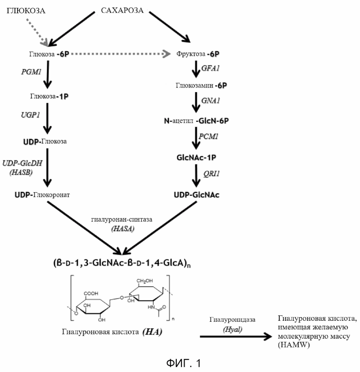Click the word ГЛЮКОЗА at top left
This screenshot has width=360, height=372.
[26, 11]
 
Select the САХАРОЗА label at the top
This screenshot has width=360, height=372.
[122, 10]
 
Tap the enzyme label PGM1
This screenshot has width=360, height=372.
[31, 71]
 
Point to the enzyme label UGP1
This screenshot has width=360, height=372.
[30, 115]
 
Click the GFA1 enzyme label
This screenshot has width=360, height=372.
[210, 68]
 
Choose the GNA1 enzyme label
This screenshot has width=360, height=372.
[210, 100]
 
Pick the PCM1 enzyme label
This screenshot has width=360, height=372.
[209, 136]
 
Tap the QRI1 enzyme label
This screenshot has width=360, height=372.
[211, 174]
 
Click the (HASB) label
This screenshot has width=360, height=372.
[21, 172]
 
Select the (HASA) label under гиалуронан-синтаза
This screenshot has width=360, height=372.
[123, 229]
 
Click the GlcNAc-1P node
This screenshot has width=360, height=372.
[197, 158]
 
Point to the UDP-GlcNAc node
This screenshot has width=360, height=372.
[197, 195]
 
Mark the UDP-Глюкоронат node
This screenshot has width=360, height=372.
[42, 195]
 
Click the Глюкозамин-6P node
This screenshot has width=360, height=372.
[201, 85]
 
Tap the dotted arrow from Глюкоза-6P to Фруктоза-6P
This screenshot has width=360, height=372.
[120, 54]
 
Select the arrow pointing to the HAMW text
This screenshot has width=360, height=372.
[236, 337]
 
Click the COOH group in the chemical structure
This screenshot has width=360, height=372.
[91, 294]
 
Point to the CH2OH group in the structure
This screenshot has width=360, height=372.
[144, 281]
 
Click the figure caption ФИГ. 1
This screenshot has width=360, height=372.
[184, 363]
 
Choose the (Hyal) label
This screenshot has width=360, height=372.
[233, 329]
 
